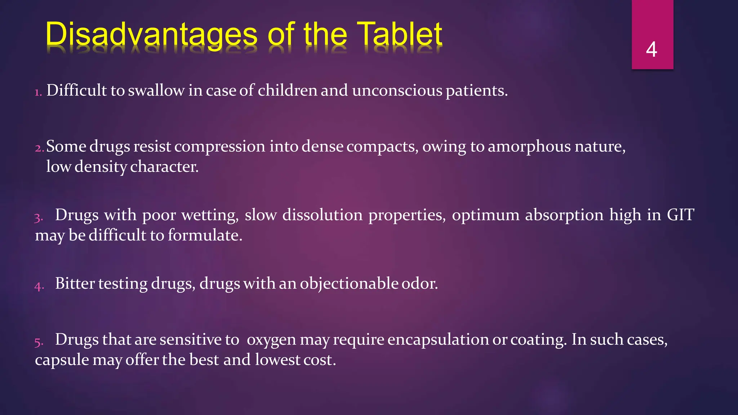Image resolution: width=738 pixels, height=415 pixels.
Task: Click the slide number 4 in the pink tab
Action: (x=652, y=49)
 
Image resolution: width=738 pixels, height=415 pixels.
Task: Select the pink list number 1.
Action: (x=38, y=93)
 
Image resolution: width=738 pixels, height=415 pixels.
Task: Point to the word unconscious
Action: (x=397, y=90)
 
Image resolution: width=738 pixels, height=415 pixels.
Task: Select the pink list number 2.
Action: (x=39, y=148)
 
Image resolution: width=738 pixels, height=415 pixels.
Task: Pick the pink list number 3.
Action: (x=39, y=218)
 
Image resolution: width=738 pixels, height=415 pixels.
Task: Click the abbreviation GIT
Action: (x=680, y=215)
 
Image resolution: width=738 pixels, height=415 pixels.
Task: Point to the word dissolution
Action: (x=322, y=215)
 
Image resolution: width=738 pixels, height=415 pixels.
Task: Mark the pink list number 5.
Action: (x=39, y=342)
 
